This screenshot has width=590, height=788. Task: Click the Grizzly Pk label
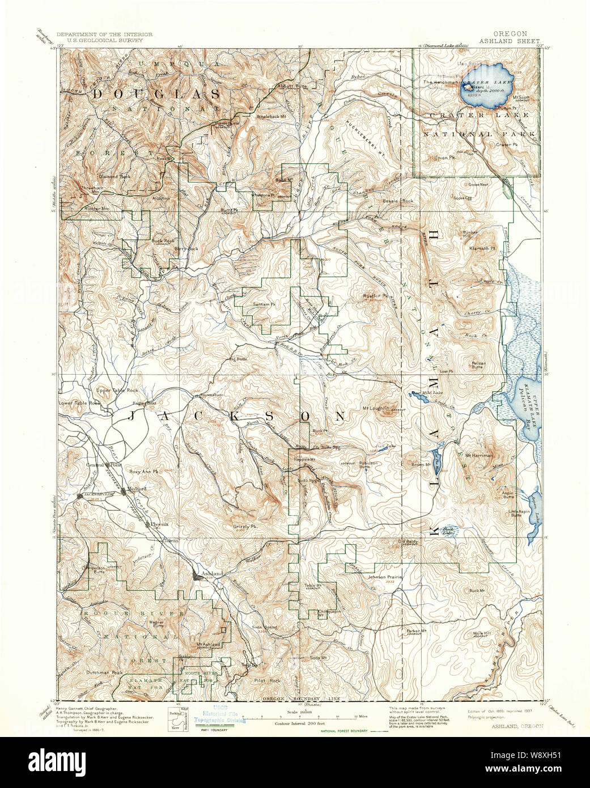pos(245,527)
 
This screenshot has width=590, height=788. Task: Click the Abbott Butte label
pos(293,86)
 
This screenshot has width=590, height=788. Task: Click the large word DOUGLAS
pos(156,94)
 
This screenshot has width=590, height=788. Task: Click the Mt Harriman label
pos(478,455)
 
